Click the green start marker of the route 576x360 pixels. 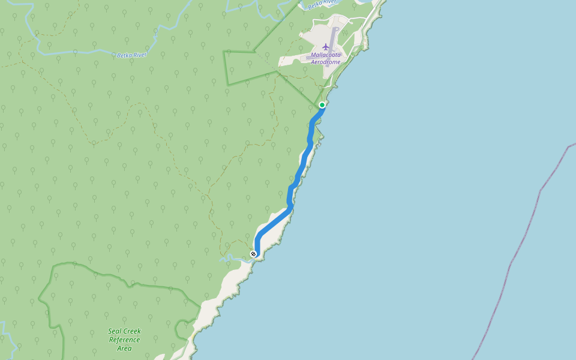point(322,105)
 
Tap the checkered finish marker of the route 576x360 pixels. point(254,254)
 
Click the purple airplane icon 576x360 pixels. point(326,47)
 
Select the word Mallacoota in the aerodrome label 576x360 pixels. point(326,55)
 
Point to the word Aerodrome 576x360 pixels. point(326,62)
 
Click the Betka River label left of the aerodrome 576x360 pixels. point(131,55)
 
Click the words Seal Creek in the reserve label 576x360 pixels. point(124,331)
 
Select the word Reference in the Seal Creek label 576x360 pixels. point(124,340)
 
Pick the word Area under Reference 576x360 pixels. point(124,348)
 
